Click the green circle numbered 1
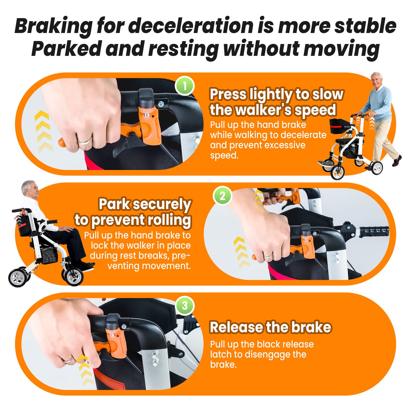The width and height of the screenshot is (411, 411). (185, 86)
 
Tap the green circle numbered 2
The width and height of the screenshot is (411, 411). (222, 196)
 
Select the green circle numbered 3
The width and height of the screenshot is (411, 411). (185, 306)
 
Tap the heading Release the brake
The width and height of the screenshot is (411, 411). (270, 327)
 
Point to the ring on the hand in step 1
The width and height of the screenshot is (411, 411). (85, 140)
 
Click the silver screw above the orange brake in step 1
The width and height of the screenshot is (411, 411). (161, 104)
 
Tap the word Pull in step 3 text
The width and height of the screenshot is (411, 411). (218, 344)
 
